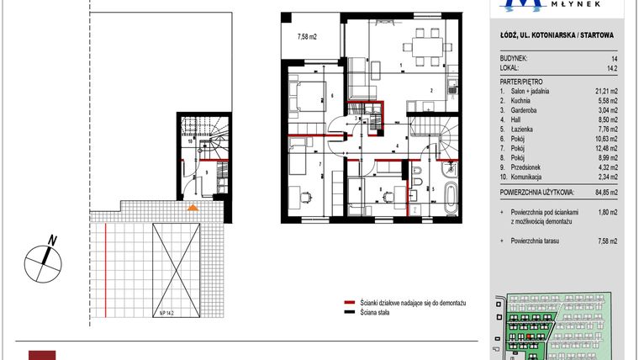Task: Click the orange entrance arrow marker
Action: pos(193,207)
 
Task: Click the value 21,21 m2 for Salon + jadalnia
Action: pos(604,90)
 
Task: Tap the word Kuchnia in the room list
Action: pos(520,99)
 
